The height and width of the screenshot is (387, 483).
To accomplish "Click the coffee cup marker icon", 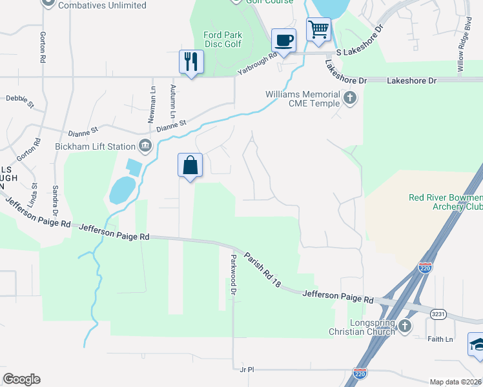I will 283,41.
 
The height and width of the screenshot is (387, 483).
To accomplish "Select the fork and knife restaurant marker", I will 191,62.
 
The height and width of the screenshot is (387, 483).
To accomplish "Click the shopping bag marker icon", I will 190,165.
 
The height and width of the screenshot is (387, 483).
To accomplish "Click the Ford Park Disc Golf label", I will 221,39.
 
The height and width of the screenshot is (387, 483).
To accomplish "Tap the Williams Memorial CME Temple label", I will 302,99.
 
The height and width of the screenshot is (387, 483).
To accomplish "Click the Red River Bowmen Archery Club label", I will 446,202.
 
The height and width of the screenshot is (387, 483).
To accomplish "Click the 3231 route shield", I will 438,313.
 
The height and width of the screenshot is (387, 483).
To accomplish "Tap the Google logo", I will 21,379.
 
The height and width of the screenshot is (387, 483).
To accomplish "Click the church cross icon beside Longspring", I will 405,326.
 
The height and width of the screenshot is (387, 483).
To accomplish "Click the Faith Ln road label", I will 440,339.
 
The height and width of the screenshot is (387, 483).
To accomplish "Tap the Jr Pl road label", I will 247,370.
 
